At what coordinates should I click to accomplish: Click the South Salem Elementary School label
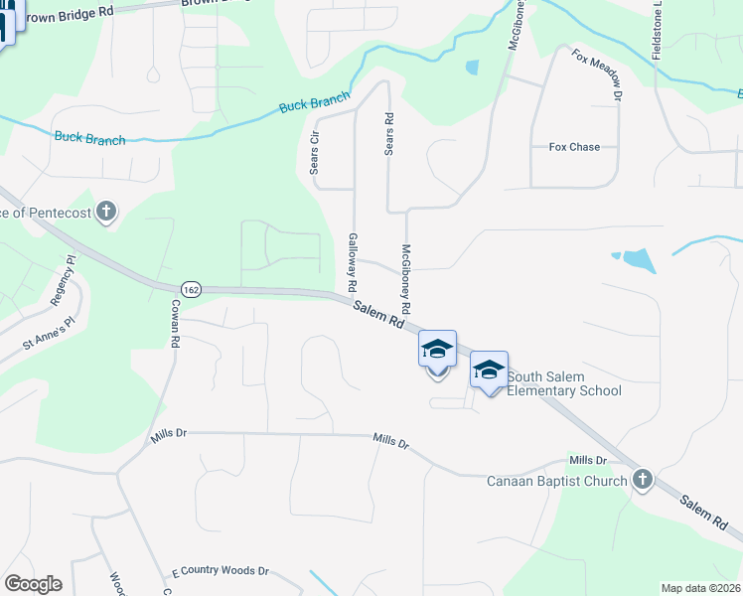coord(564,383)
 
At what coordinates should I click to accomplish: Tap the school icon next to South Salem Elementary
coord(489,371)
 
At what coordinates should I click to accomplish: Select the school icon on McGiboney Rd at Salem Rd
coord(437,350)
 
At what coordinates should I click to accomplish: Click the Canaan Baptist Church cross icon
coord(642,481)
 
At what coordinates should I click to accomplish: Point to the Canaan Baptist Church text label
coord(556,482)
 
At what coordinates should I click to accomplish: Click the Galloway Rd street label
coord(353,262)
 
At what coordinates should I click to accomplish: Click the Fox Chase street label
coord(574,147)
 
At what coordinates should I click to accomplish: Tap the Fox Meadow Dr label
coord(596,74)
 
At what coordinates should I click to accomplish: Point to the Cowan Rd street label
coord(174,324)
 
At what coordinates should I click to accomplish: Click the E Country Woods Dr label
coord(221,571)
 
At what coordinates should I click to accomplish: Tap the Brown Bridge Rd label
coord(74,13)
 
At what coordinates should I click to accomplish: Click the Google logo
coord(33,584)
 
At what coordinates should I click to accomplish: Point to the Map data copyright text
coord(700,588)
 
